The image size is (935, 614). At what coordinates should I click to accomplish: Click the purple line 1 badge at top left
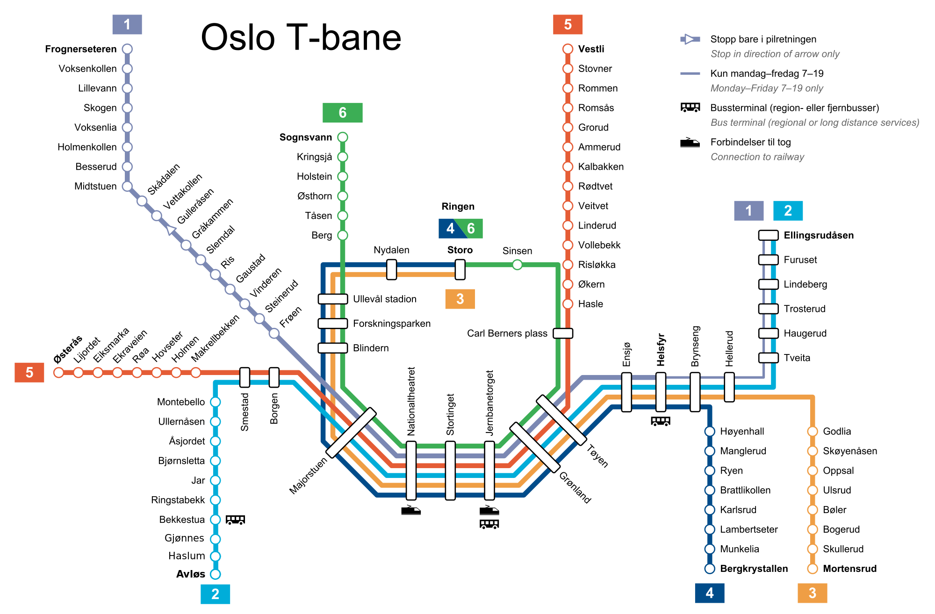127,24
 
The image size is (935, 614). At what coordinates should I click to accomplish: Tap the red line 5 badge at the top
568,24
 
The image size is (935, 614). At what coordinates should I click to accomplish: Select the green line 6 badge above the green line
342,113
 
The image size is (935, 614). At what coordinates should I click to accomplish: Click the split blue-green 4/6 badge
460,228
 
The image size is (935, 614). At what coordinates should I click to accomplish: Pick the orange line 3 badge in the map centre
460,299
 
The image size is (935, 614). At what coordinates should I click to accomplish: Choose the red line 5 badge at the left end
29,372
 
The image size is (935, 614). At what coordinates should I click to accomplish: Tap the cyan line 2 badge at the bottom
215,594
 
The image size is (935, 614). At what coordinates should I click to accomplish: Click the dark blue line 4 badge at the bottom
709,593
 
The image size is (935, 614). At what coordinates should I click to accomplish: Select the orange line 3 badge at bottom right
812,593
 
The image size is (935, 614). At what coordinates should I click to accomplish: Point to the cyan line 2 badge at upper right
788,210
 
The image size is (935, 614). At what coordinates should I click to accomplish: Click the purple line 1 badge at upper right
748,210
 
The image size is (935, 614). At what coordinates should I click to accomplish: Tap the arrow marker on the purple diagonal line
171,230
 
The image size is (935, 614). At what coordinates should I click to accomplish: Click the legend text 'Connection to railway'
757,157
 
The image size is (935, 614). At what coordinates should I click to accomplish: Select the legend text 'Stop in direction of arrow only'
775,54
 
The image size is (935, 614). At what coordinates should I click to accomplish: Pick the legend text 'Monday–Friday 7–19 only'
767,88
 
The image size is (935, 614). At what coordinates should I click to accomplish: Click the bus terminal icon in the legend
690,109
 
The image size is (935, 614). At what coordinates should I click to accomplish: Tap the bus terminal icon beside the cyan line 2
235,521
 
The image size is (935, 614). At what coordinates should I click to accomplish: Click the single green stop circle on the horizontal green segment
517,265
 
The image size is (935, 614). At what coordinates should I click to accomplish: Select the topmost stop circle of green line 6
343,137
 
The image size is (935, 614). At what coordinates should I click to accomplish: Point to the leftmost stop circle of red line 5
58,372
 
